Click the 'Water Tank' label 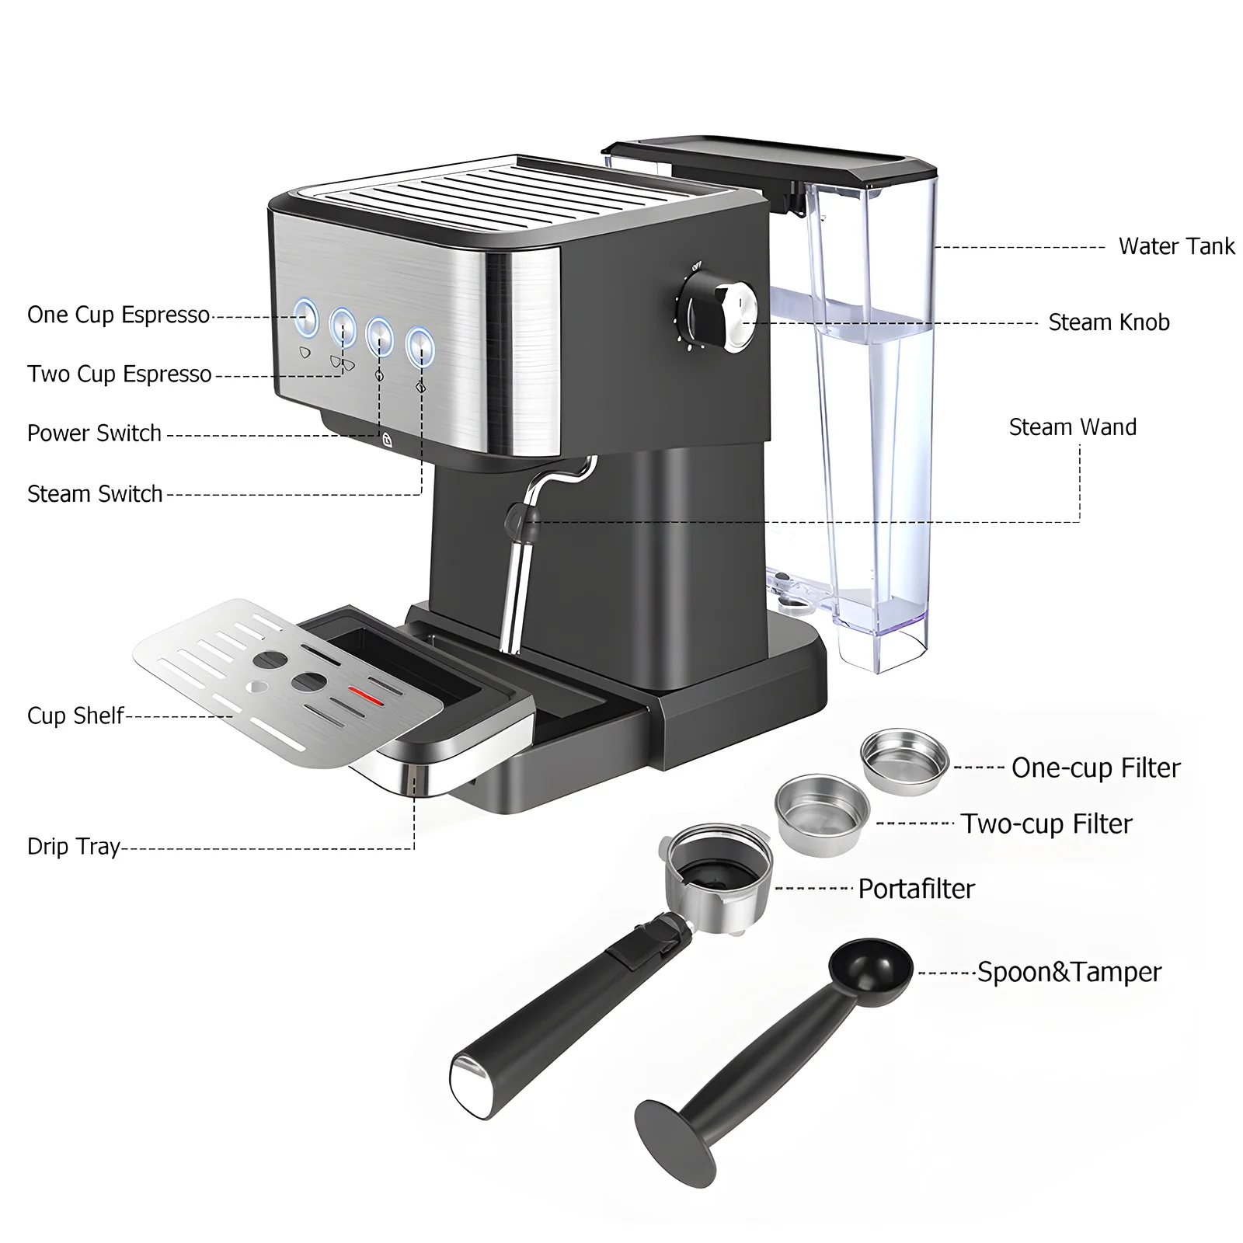(x=1175, y=246)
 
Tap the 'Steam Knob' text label (x=1109, y=322)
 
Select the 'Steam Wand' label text (x=1072, y=427)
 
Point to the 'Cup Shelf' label (x=75, y=716)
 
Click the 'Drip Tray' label (x=74, y=846)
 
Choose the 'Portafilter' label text (x=916, y=889)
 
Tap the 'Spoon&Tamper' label (x=1069, y=973)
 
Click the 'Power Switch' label (x=94, y=433)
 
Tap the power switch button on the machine (x=379, y=333)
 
